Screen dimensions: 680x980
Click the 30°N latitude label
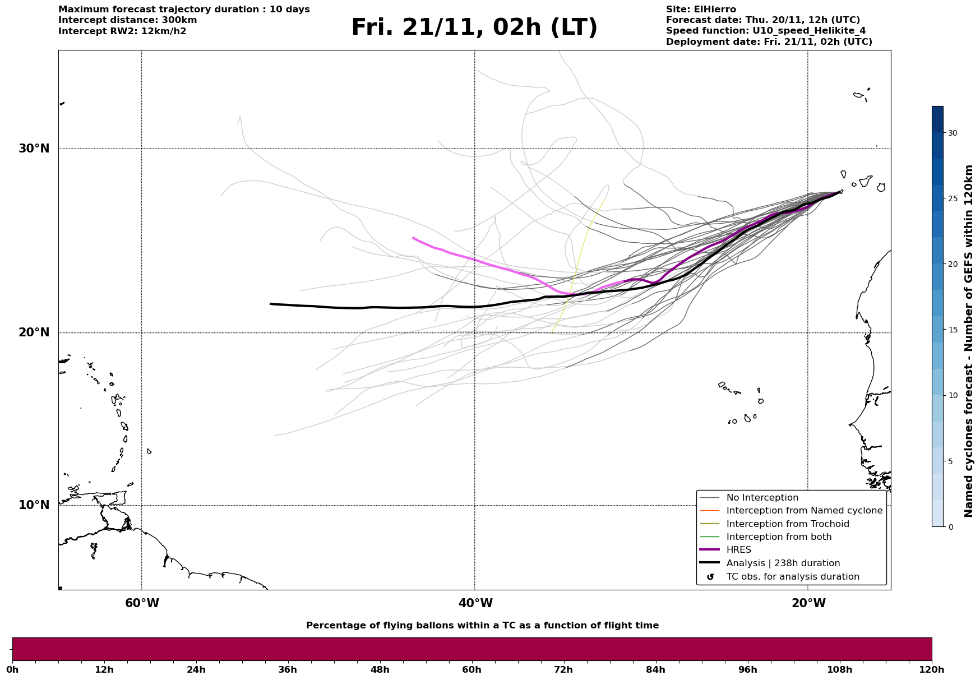point(34,149)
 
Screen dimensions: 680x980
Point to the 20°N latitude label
point(34,332)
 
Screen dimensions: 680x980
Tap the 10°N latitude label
point(34,505)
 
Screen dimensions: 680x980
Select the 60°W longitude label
point(142,603)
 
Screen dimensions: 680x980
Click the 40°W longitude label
point(475,603)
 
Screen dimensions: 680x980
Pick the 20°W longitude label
point(808,603)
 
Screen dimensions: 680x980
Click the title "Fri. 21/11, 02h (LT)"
point(474,27)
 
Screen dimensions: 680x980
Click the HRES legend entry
point(738,550)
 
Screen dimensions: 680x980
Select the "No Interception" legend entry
point(762,498)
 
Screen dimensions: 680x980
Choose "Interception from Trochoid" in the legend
point(787,524)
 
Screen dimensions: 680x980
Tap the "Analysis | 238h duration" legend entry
point(783,563)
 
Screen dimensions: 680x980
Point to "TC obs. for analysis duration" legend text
point(792,577)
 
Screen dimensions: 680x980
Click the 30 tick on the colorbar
point(953,133)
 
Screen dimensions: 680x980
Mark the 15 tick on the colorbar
point(953,330)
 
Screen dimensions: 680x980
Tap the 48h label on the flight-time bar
point(380,670)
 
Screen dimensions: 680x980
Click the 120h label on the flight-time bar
point(931,670)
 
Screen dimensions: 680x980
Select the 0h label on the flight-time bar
point(12,670)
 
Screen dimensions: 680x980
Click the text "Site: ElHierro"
point(701,10)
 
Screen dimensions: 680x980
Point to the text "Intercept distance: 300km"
point(127,20)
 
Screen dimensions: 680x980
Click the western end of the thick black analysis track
point(271,304)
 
